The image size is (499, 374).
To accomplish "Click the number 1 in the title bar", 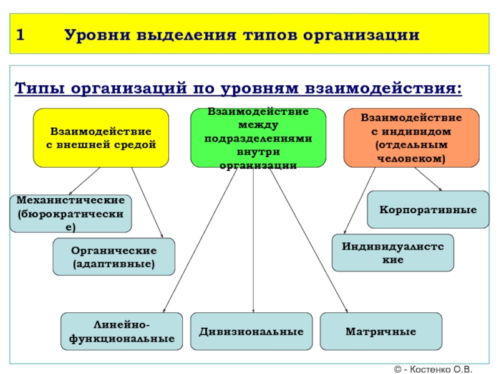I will click(x=21, y=34).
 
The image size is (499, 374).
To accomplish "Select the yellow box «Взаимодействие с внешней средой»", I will click(x=101, y=138).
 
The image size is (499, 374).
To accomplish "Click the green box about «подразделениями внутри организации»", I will click(x=258, y=138).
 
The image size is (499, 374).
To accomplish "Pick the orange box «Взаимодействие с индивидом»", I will click(x=411, y=138).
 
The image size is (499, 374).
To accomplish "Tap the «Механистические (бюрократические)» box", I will click(x=70, y=213).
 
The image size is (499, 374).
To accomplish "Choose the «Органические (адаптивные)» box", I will click(x=114, y=257).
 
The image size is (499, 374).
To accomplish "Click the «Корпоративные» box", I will click(x=427, y=209).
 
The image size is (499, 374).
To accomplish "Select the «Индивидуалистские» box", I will click(x=392, y=252).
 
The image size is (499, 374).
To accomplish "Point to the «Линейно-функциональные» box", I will click(x=122, y=331).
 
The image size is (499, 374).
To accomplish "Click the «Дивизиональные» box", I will click(x=251, y=331).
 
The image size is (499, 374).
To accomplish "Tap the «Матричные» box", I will click(x=380, y=331).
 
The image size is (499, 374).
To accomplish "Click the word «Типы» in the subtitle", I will click(x=39, y=88).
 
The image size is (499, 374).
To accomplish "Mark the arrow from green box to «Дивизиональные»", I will click(x=253, y=243).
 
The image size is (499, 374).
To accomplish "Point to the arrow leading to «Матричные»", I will click(x=309, y=243).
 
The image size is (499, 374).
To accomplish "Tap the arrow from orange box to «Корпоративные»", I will click(x=428, y=179).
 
